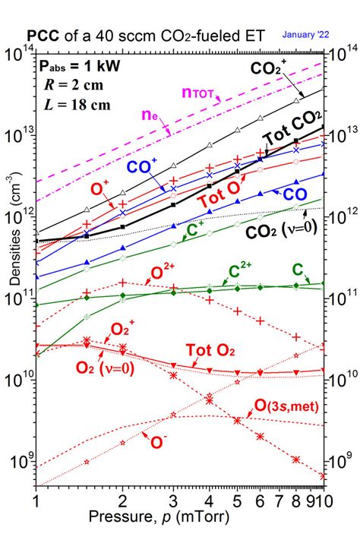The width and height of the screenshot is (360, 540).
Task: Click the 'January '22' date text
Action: [x=306, y=34]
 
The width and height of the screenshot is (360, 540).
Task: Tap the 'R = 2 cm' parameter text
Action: [x=68, y=84]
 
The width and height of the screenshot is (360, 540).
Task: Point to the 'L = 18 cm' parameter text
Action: [x=71, y=103]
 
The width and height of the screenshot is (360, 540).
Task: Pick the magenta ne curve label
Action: [x=150, y=115]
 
